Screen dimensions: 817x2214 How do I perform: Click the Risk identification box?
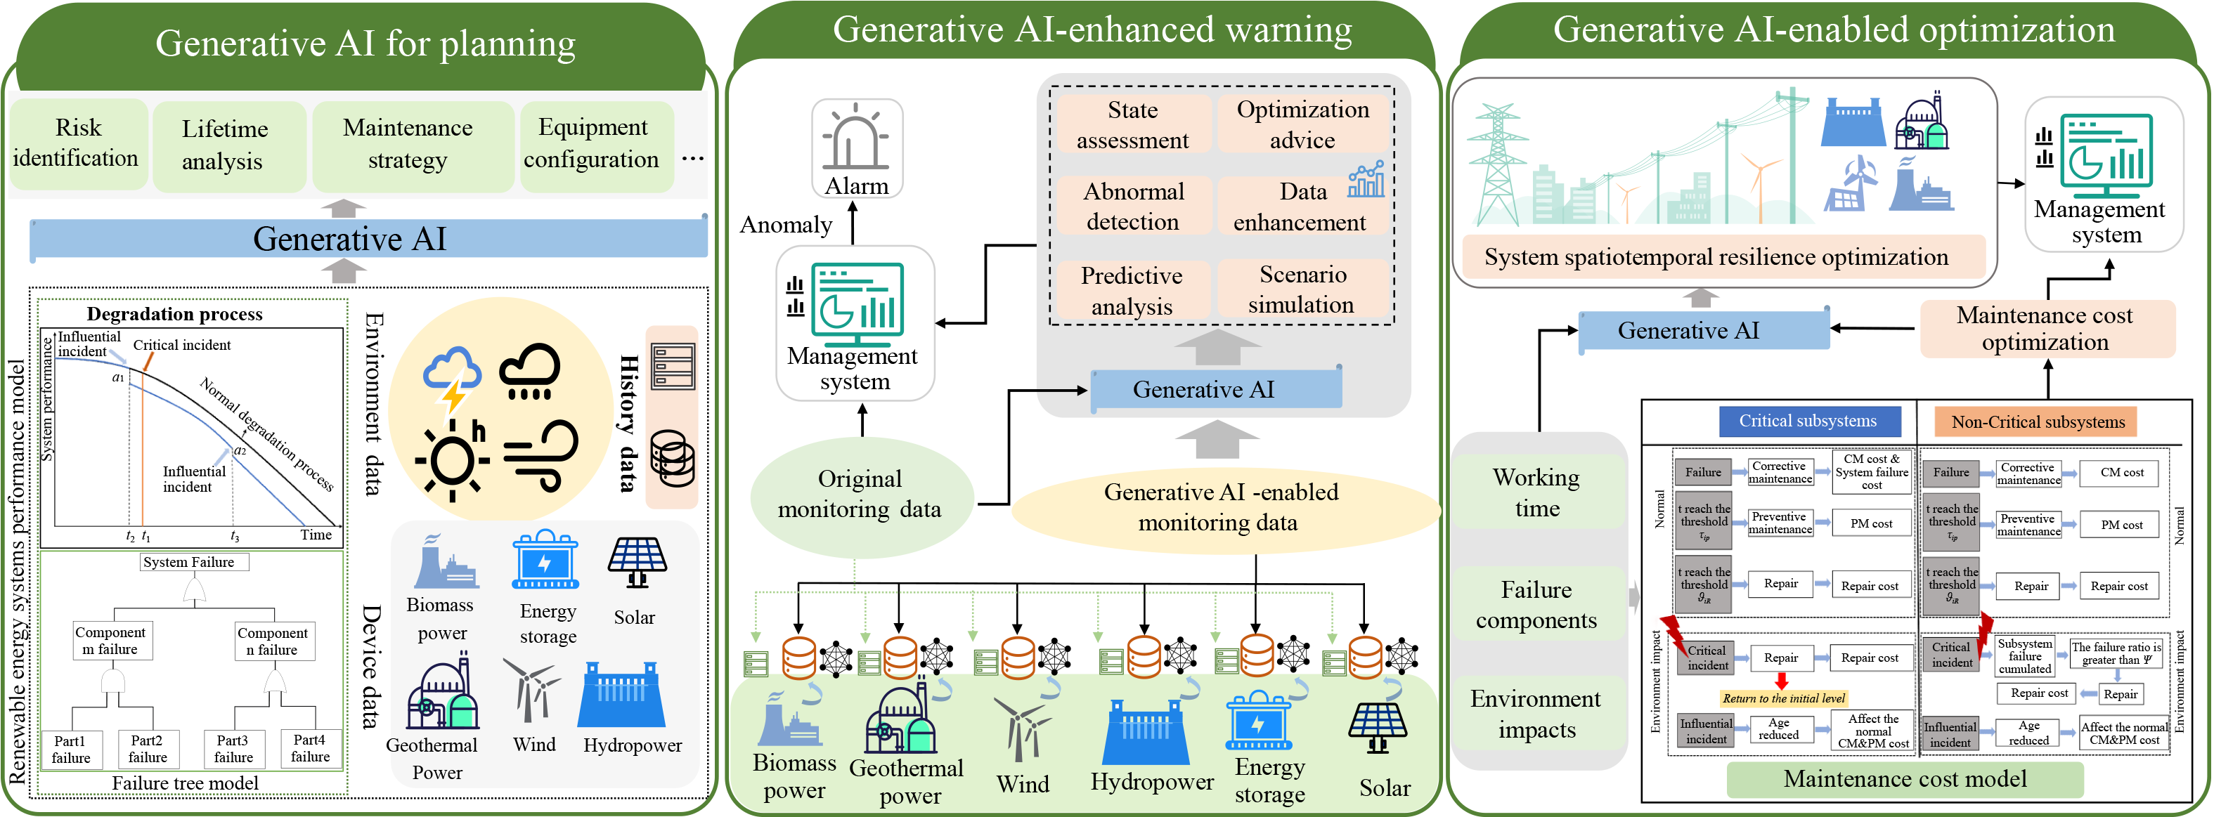77,143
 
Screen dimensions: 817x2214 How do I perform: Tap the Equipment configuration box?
594,143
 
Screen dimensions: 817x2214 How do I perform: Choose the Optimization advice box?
1302,124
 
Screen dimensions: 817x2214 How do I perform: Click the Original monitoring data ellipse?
860,494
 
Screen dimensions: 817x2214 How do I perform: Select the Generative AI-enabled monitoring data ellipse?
1220,507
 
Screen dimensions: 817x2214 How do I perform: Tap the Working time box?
1536,492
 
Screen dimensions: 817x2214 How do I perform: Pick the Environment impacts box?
1536,714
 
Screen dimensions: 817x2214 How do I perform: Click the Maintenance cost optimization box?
2045,328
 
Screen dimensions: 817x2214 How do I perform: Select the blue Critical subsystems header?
1808,421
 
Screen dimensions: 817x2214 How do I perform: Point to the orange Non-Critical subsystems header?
2037,421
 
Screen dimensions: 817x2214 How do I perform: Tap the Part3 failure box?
233,749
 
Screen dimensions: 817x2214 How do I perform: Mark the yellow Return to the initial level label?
1782,698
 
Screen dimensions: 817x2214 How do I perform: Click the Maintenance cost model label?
1905,778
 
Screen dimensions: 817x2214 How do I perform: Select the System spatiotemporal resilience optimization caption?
1716,257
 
